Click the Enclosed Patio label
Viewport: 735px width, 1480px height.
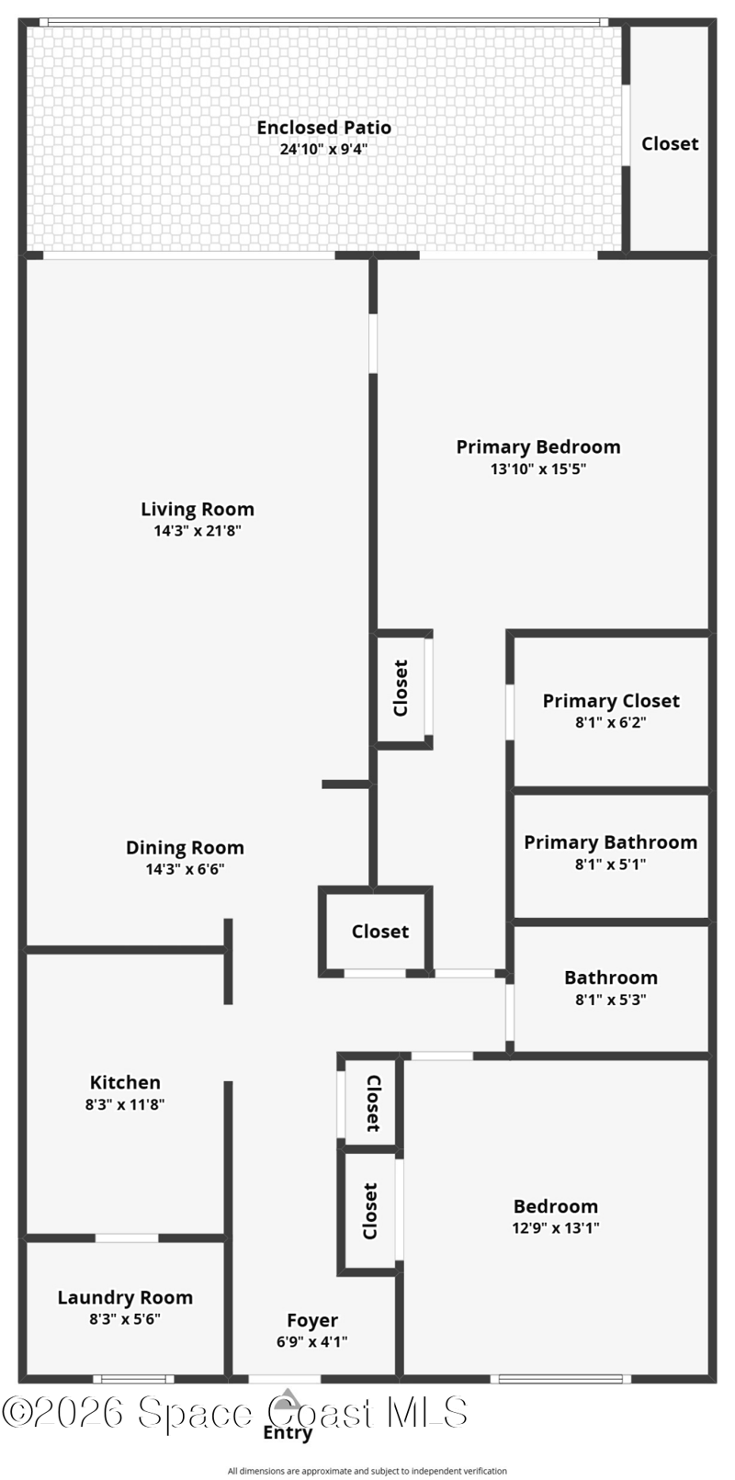tap(324, 128)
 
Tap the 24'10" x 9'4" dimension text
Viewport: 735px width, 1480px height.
tap(324, 150)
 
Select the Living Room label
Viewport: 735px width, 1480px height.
tap(198, 510)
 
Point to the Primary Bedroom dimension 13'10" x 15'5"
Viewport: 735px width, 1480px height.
tap(538, 469)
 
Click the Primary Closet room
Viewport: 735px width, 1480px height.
tap(611, 711)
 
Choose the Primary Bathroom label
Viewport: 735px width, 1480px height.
tap(611, 842)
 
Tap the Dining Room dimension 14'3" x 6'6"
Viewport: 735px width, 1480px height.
tap(185, 869)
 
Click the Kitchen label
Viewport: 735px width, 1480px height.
tap(125, 1082)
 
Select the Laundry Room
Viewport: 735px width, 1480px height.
tap(125, 1308)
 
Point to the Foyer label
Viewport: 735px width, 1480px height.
tap(312, 1320)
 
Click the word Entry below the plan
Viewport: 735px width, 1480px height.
tap(288, 1432)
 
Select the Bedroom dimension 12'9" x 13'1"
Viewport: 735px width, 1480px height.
tap(556, 1227)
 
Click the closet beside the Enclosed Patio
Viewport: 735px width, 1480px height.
tap(669, 139)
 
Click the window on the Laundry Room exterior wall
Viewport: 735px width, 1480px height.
tap(133, 1379)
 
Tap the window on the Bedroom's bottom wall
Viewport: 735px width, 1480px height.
tap(560, 1379)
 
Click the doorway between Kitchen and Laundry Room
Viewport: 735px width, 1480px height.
tap(127, 1237)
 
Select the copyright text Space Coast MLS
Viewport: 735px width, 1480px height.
tap(234, 1412)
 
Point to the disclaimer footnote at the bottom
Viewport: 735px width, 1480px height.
tap(367, 1471)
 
